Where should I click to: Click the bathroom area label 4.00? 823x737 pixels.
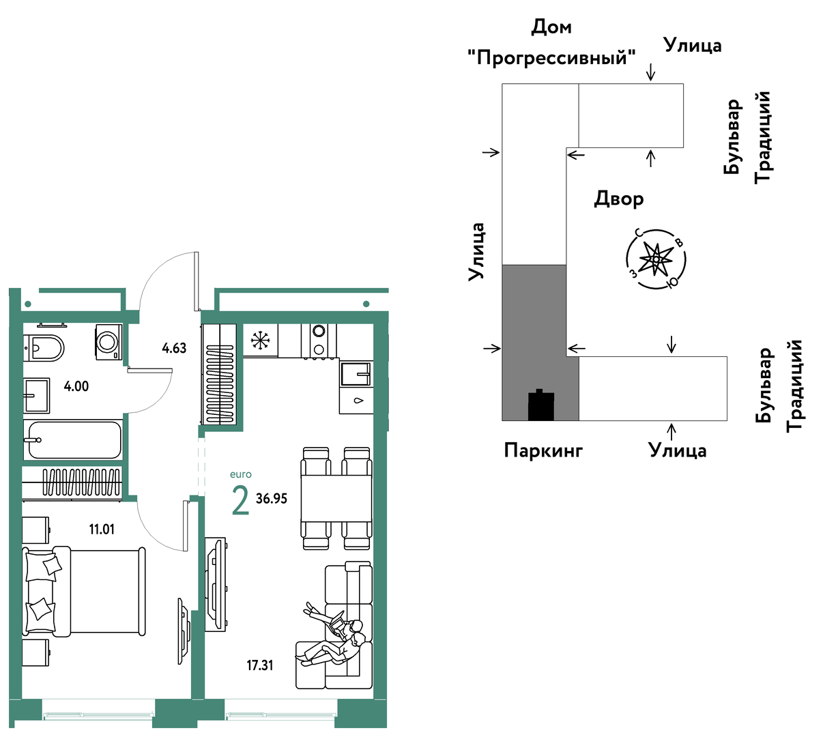point(76,386)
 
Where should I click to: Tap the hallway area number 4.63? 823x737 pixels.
point(174,348)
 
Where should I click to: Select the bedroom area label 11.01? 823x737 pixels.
point(102,529)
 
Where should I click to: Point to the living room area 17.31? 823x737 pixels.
point(260,665)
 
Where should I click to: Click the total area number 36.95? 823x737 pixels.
point(272,499)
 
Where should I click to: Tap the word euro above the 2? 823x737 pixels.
point(240,474)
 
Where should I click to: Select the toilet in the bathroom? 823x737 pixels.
point(44,348)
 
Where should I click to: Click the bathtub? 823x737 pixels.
point(72,440)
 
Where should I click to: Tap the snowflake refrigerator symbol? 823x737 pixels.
point(261,340)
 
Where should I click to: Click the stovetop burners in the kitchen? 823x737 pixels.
point(319,340)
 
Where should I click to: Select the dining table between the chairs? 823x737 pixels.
point(336,498)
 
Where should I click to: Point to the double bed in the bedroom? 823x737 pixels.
point(85,591)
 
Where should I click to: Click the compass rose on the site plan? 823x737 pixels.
point(656,259)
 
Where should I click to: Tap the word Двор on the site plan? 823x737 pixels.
point(619,199)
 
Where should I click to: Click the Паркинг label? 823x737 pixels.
point(543,450)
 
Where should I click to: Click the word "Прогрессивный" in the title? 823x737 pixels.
point(551,57)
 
